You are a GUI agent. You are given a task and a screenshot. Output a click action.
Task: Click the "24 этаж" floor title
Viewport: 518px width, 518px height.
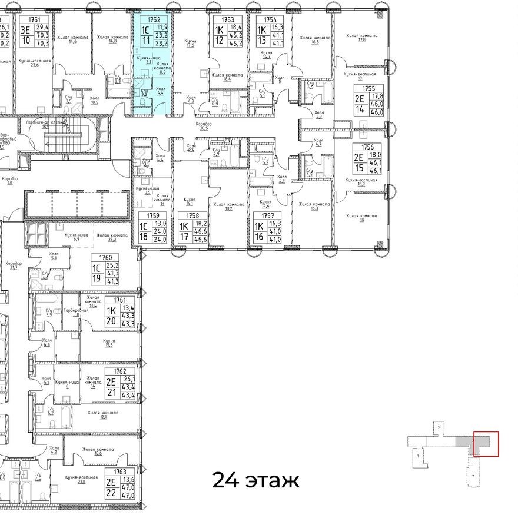[255, 480]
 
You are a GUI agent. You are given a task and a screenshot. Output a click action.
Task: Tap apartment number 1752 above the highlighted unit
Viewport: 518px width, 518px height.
[154, 19]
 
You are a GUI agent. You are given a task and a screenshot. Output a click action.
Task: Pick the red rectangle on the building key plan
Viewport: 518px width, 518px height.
[486, 444]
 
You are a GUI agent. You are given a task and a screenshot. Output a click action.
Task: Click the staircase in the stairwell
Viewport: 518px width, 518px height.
[64, 140]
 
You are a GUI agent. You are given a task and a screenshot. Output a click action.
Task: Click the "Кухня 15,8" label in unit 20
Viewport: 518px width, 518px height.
[108, 343]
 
